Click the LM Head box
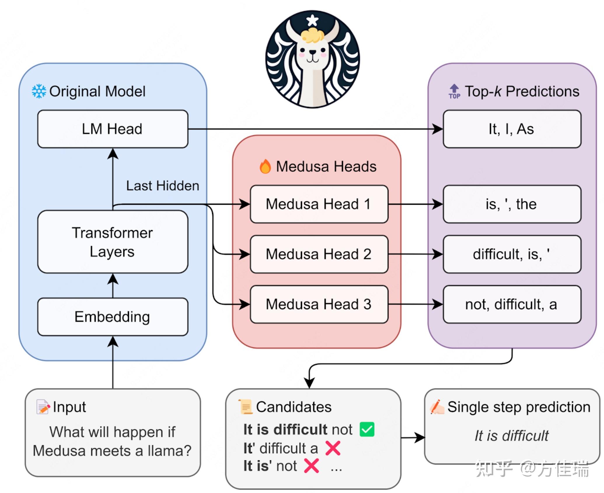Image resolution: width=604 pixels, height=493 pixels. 113,129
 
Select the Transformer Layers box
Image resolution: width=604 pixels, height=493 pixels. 113,242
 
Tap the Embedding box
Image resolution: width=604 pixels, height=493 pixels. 113,317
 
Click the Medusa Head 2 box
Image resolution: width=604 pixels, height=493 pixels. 319,254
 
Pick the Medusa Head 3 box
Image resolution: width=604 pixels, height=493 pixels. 319,304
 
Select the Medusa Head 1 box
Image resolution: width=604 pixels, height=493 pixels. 319,204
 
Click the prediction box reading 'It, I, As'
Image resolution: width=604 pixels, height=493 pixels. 512,129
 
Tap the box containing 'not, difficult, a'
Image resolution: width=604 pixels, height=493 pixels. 512,304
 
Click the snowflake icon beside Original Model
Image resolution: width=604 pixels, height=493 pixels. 39,91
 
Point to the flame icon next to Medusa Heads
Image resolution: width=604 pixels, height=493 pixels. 265,166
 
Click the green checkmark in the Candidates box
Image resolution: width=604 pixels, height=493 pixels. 367,429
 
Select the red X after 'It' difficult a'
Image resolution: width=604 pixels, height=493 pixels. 333,448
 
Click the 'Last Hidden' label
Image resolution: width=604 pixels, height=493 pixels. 163,186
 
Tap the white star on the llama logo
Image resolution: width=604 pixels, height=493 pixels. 312,20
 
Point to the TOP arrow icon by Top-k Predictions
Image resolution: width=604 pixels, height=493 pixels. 454,91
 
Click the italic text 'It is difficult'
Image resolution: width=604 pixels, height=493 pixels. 512,436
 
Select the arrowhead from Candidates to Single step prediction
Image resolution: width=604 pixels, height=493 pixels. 420,438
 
